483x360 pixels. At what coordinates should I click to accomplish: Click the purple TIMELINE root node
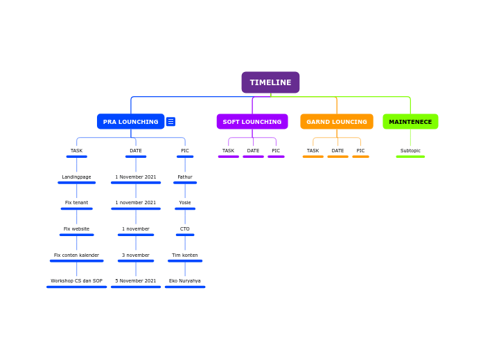click(x=270, y=82)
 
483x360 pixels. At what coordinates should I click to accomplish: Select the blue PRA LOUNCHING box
click(x=130, y=122)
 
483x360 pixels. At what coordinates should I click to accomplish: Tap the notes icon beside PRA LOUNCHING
click(x=170, y=122)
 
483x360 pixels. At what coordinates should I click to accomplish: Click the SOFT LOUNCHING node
click(x=252, y=122)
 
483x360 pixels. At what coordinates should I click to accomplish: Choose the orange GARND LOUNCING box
click(x=336, y=122)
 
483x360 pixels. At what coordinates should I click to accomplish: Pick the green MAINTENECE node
click(x=410, y=122)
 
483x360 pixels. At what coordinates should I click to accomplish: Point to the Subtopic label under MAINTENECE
click(x=410, y=151)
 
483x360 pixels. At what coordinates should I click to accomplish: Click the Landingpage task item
click(x=76, y=177)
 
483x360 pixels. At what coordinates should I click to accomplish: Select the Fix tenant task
click(x=76, y=203)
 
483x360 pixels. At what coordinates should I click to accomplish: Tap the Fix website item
click(x=76, y=229)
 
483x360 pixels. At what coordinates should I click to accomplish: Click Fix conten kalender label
click(x=76, y=255)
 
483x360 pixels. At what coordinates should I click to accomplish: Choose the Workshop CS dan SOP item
click(x=76, y=281)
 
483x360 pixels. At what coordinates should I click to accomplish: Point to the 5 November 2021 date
click(x=136, y=281)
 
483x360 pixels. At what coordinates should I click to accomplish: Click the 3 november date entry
click(x=136, y=255)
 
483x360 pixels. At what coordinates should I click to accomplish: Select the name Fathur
click(x=185, y=177)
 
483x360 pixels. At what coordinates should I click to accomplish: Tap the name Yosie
click(x=185, y=203)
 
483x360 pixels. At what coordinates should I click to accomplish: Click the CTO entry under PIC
click(x=185, y=229)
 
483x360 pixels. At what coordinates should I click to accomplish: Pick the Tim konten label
click(x=185, y=255)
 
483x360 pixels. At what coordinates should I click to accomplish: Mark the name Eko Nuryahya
click(x=185, y=281)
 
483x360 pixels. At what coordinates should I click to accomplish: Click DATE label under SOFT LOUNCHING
click(x=253, y=151)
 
